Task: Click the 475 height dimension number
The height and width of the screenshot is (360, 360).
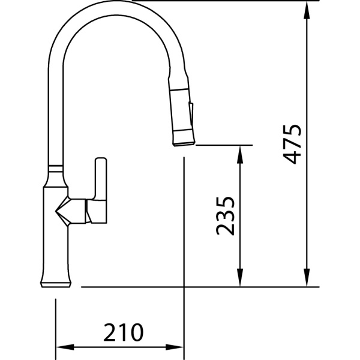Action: tap(292, 145)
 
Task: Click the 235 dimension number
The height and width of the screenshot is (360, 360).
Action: tap(225, 216)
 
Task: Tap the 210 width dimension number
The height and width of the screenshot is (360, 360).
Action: tap(123, 332)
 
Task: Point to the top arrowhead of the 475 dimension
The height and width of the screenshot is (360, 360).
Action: tap(307, 10)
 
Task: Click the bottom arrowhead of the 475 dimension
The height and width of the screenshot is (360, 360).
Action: tap(307, 277)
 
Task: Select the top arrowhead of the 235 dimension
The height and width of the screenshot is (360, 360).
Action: tap(240, 155)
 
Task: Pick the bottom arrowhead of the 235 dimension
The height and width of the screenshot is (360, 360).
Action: tap(240, 277)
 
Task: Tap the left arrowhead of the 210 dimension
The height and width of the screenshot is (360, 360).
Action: tap(65, 347)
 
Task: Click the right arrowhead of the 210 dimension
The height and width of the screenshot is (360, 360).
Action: tap(175, 347)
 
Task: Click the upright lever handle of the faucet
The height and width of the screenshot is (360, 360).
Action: tap(101, 178)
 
